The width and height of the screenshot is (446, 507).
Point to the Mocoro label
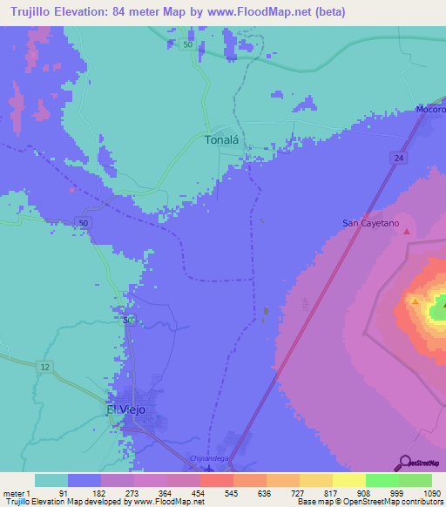[x=429, y=111]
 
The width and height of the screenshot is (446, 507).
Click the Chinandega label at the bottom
[x=208, y=458]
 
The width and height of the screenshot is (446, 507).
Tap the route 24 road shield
[x=397, y=157]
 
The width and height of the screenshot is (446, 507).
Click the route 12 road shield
[x=44, y=368]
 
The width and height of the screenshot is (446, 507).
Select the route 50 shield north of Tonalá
[x=186, y=45]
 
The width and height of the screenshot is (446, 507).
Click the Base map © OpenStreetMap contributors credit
[x=368, y=502]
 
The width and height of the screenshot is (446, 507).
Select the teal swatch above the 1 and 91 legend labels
[x=51, y=480]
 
